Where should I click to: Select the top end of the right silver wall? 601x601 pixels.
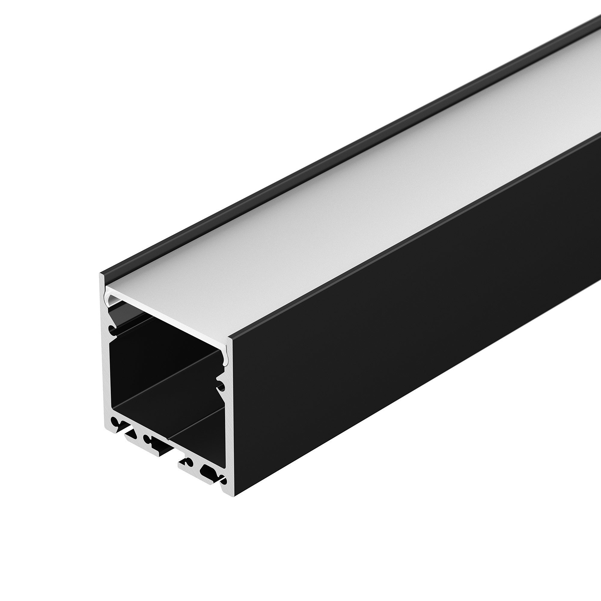click(230, 339)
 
